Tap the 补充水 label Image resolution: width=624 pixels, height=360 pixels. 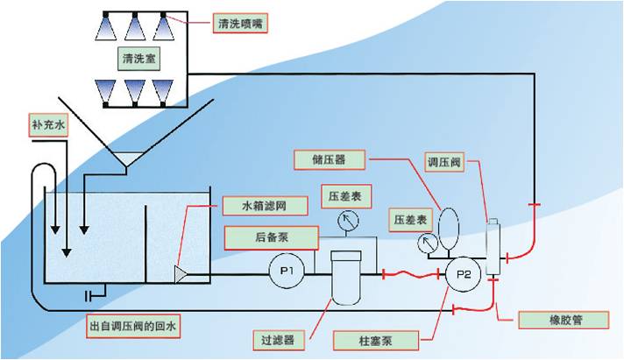(x=47, y=125)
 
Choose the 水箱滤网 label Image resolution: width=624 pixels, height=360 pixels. (x=275, y=207)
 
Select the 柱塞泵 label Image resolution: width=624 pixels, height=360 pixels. (x=363, y=337)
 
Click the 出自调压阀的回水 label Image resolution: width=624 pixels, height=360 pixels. (x=145, y=328)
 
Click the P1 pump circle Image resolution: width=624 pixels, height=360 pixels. (x=285, y=272)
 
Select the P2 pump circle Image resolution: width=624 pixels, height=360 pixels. (x=461, y=274)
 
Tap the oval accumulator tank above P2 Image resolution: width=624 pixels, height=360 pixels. (x=449, y=221)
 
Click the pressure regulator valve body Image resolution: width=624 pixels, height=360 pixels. (x=493, y=247)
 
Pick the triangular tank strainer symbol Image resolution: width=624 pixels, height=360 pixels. (x=181, y=274)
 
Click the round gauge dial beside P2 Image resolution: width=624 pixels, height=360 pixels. (x=428, y=243)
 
